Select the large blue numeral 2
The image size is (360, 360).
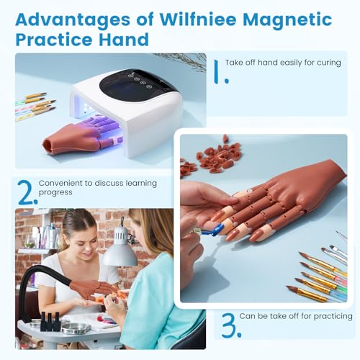pyautogui.click(x=27, y=193)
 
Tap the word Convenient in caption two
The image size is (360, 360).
pyautogui.click(x=63, y=184)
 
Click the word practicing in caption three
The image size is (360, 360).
pyautogui.click(x=330, y=316)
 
